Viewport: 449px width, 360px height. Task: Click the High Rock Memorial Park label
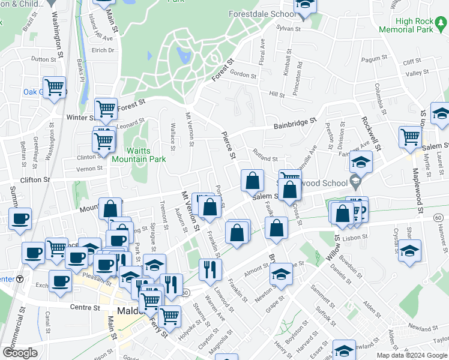coord(415,25)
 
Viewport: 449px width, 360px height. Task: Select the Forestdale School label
coord(262,13)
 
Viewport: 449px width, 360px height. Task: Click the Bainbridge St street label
coord(295,122)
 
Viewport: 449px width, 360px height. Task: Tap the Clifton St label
coord(35,179)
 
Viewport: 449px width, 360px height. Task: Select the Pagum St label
coord(372,59)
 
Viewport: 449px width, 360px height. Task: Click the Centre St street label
coord(87,307)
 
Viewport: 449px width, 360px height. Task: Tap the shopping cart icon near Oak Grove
coord(54,88)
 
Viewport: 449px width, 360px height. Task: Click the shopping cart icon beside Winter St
coord(106,109)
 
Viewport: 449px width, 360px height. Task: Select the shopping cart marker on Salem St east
coord(410,136)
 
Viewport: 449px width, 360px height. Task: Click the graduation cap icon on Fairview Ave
coord(361,161)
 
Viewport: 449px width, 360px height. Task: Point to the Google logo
coord(20,353)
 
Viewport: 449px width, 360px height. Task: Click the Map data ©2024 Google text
coord(412,355)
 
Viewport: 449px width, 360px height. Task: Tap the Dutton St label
coord(43,59)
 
